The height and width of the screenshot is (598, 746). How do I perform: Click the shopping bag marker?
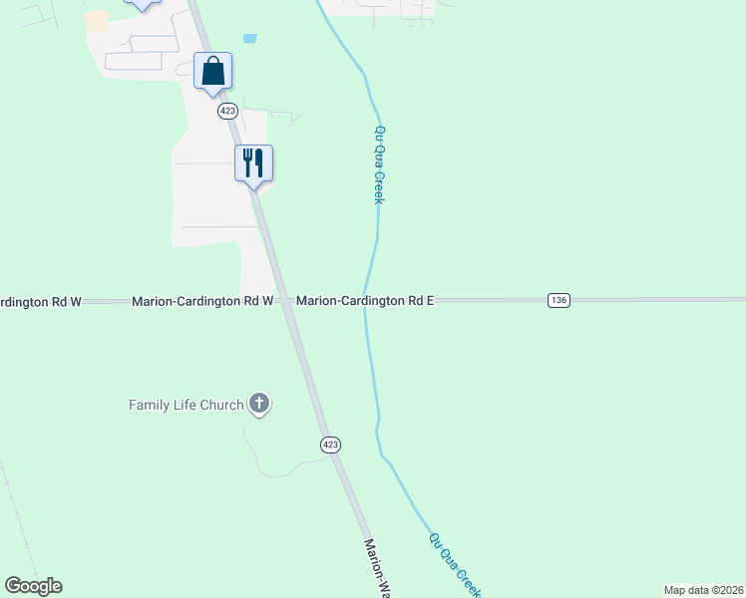(213, 72)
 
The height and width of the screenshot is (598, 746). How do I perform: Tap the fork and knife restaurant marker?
(253, 162)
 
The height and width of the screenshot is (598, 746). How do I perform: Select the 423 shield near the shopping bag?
(227, 112)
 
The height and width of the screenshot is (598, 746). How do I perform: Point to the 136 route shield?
(559, 300)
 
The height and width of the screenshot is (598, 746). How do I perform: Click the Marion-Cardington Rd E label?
(365, 300)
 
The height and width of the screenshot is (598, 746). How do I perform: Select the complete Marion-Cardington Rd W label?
(202, 300)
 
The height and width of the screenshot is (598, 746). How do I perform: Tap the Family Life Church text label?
(186, 405)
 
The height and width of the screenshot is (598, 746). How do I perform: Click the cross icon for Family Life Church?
(259, 404)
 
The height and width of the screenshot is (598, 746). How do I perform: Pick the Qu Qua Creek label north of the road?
(379, 164)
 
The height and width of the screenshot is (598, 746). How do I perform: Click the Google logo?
(33, 586)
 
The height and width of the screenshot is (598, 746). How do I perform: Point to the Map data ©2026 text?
(703, 590)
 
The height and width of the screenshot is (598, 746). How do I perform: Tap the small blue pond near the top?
(249, 39)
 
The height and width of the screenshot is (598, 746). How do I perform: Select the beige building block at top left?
(96, 20)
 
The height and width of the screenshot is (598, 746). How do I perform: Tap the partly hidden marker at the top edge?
(143, 4)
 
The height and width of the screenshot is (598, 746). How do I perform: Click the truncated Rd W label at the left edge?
(40, 301)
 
